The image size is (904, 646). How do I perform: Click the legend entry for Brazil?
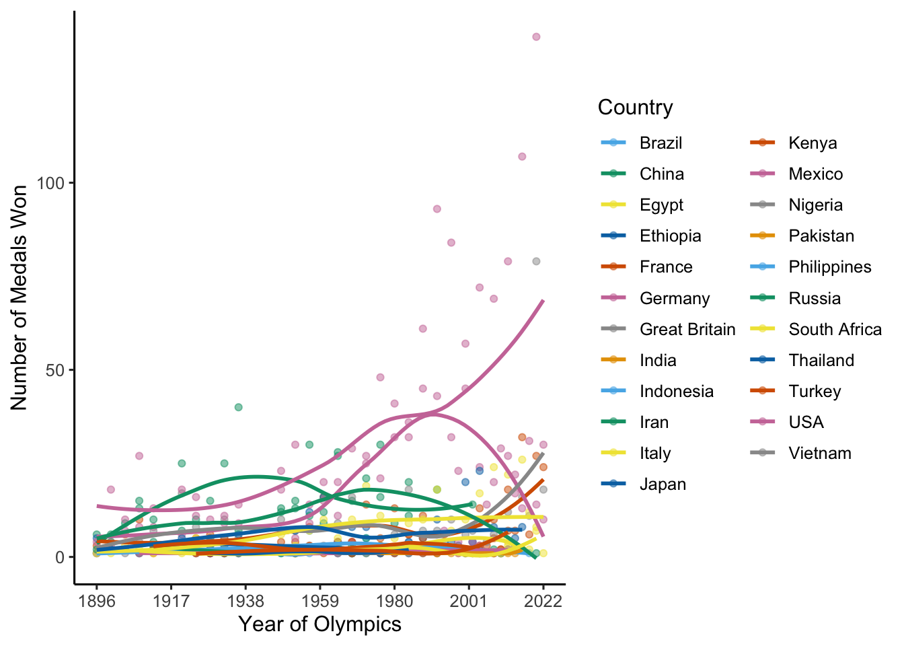tap(661, 143)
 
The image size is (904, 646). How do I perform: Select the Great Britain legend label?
tap(687, 329)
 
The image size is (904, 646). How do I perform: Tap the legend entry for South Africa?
tap(835, 329)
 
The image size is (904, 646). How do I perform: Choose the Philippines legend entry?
tap(829, 267)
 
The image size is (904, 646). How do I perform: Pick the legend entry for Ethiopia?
tap(670, 236)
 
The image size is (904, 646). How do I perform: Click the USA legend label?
tap(806, 422)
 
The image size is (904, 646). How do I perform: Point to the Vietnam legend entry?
tap(819, 453)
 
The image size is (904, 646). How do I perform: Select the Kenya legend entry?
tap(813, 143)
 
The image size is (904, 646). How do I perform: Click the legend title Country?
tap(635, 108)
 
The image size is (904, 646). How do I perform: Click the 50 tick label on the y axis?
tap(55, 370)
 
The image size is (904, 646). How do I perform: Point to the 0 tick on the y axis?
tap(60, 557)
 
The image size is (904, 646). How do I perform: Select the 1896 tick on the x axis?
tap(97, 601)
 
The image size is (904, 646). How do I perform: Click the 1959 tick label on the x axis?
tap(320, 601)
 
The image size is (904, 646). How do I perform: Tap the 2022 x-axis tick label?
tap(543, 601)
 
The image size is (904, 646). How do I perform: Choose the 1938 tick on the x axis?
tap(246, 601)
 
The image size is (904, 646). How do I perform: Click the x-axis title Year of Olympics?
tap(319, 624)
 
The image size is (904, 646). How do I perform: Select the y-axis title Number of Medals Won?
tap(19, 297)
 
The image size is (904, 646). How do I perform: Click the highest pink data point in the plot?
tap(536, 37)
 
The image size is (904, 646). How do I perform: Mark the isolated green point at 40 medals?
tap(238, 407)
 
